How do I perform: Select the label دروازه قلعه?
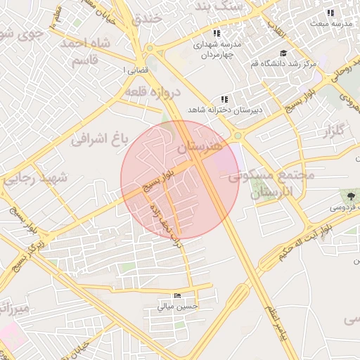[153, 91]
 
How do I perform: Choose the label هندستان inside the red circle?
[199, 146]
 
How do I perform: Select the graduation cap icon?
[283, 53]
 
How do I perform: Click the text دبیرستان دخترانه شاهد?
[224, 110]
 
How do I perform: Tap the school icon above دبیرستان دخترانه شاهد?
[224, 100]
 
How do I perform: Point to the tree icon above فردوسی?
[349, 195]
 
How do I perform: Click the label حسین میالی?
[178, 306]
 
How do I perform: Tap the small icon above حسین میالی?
[177, 296]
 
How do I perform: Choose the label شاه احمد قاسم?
[86, 51]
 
